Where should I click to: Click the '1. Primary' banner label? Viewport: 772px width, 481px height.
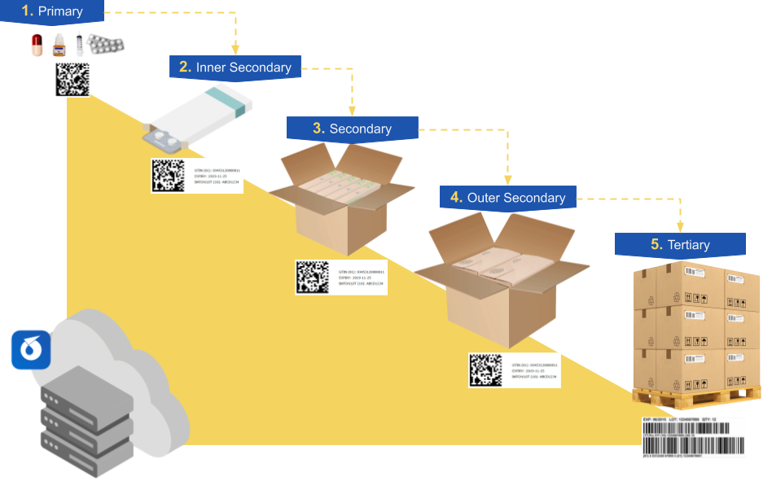[52, 11]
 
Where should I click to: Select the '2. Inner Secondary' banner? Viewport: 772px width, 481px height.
[235, 68]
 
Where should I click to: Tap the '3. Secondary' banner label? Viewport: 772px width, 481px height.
[352, 129]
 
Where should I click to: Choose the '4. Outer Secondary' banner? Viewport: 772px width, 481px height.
[507, 198]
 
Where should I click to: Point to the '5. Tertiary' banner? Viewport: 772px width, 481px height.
[680, 244]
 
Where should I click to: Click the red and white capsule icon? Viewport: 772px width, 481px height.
[37, 45]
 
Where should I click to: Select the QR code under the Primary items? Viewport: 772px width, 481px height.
[72, 80]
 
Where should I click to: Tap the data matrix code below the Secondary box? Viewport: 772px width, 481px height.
[313, 277]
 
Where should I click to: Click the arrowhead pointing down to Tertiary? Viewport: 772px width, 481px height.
[680, 226]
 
